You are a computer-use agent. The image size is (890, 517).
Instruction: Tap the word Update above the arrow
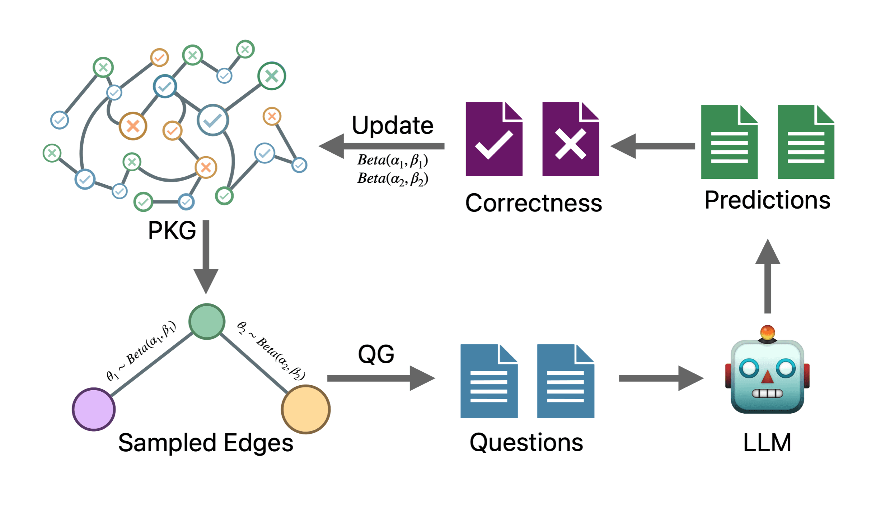pyautogui.click(x=393, y=125)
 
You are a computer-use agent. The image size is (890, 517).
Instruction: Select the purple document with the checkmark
pyautogui.click(x=494, y=139)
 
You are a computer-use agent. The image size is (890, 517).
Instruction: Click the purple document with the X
pyautogui.click(x=571, y=139)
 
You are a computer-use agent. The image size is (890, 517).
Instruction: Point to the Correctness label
pyautogui.click(x=534, y=203)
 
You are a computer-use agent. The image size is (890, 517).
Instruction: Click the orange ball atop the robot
pyautogui.click(x=767, y=332)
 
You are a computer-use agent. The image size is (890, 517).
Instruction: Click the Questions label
pyautogui.click(x=526, y=443)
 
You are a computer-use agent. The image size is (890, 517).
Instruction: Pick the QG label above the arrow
pyautogui.click(x=376, y=354)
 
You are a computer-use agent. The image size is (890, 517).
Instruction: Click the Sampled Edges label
pyautogui.click(x=206, y=443)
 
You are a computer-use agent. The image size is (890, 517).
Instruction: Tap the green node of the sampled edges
pyautogui.click(x=207, y=322)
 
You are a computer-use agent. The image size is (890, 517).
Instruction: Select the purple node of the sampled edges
pyautogui.click(x=94, y=409)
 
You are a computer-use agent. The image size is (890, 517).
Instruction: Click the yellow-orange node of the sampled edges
pyautogui.click(x=305, y=409)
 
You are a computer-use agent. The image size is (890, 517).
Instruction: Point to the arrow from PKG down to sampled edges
pyautogui.click(x=206, y=257)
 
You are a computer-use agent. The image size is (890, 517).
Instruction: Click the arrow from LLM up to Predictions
pyautogui.click(x=768, y=276)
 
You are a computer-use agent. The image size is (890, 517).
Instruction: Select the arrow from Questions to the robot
pyautogui.click(x=661, y=378)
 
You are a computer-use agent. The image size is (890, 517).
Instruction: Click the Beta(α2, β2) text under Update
pyautogui.click(x=393, y=178)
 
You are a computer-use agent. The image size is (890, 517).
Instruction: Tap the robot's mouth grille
pyautogui.click(x=767, y=393)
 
